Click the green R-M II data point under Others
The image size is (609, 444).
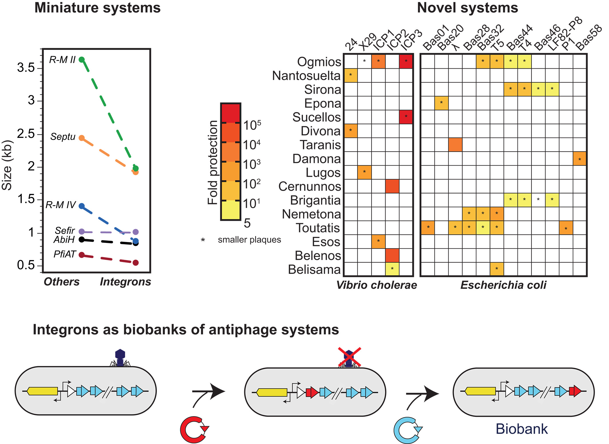tap(82, 60)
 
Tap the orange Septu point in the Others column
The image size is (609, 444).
tap(82, 138)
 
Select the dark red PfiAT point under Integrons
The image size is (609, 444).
tap(136, 263)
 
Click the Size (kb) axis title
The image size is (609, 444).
tap(7, 165)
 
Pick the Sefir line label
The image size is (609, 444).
tap(65, 230)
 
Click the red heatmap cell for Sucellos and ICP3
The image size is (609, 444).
tap(406, 117)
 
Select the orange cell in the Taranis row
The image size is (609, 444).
tap(455, 145)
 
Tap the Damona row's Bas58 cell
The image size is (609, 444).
tap(580, 159)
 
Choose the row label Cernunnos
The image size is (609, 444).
tap(310, 187)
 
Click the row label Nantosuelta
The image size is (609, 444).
tap(306, 76)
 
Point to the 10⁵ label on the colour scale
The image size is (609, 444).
tap(252, 125)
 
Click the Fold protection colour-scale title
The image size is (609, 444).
tap(213, 162)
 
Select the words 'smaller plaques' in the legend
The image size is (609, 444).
tap(249, 240)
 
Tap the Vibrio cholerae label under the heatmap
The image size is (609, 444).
tap(377, 285)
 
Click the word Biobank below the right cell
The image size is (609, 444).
tap(521, 429)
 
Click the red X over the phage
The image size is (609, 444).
tap(349, 357)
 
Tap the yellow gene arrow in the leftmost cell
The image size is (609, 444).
tap(43, 391)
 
